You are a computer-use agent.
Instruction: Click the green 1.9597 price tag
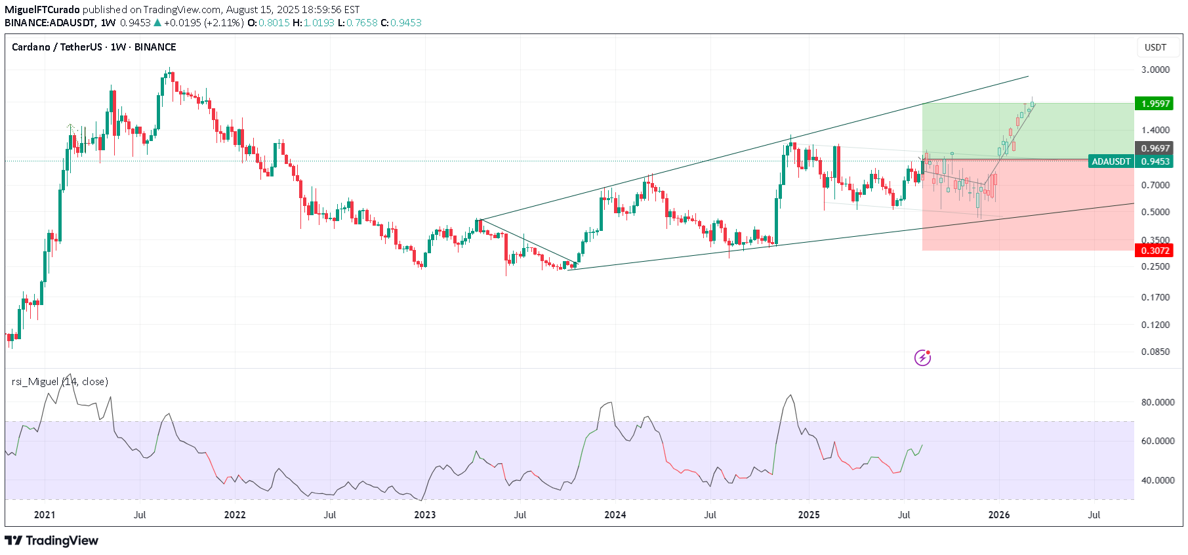pos(1155,104)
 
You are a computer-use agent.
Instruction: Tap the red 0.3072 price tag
pos(1155,251)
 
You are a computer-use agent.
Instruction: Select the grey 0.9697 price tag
pos(1155,148)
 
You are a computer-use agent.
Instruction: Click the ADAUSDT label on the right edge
pos(1111,161)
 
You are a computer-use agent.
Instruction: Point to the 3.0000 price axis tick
pos(1155,70)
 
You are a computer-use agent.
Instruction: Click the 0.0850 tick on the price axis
pos(1155,352)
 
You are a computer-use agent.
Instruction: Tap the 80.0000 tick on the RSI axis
pos(1157,402)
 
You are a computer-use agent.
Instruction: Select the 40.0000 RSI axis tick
pos(1157,480)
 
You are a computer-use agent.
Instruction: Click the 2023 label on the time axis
pos(425,515)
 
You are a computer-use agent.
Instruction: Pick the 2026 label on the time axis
pos(999,515)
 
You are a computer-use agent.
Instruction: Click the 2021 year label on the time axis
pos(45,515)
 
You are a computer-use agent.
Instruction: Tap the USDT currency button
pos(1155,47)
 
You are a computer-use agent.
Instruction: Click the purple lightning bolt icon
pos(922,358)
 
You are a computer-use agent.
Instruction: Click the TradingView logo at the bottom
pos(52,541)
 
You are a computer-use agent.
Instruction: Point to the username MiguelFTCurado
pos(42,10)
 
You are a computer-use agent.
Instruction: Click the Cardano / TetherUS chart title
pos(94,47)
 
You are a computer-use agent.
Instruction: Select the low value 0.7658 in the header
pos(362,23)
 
